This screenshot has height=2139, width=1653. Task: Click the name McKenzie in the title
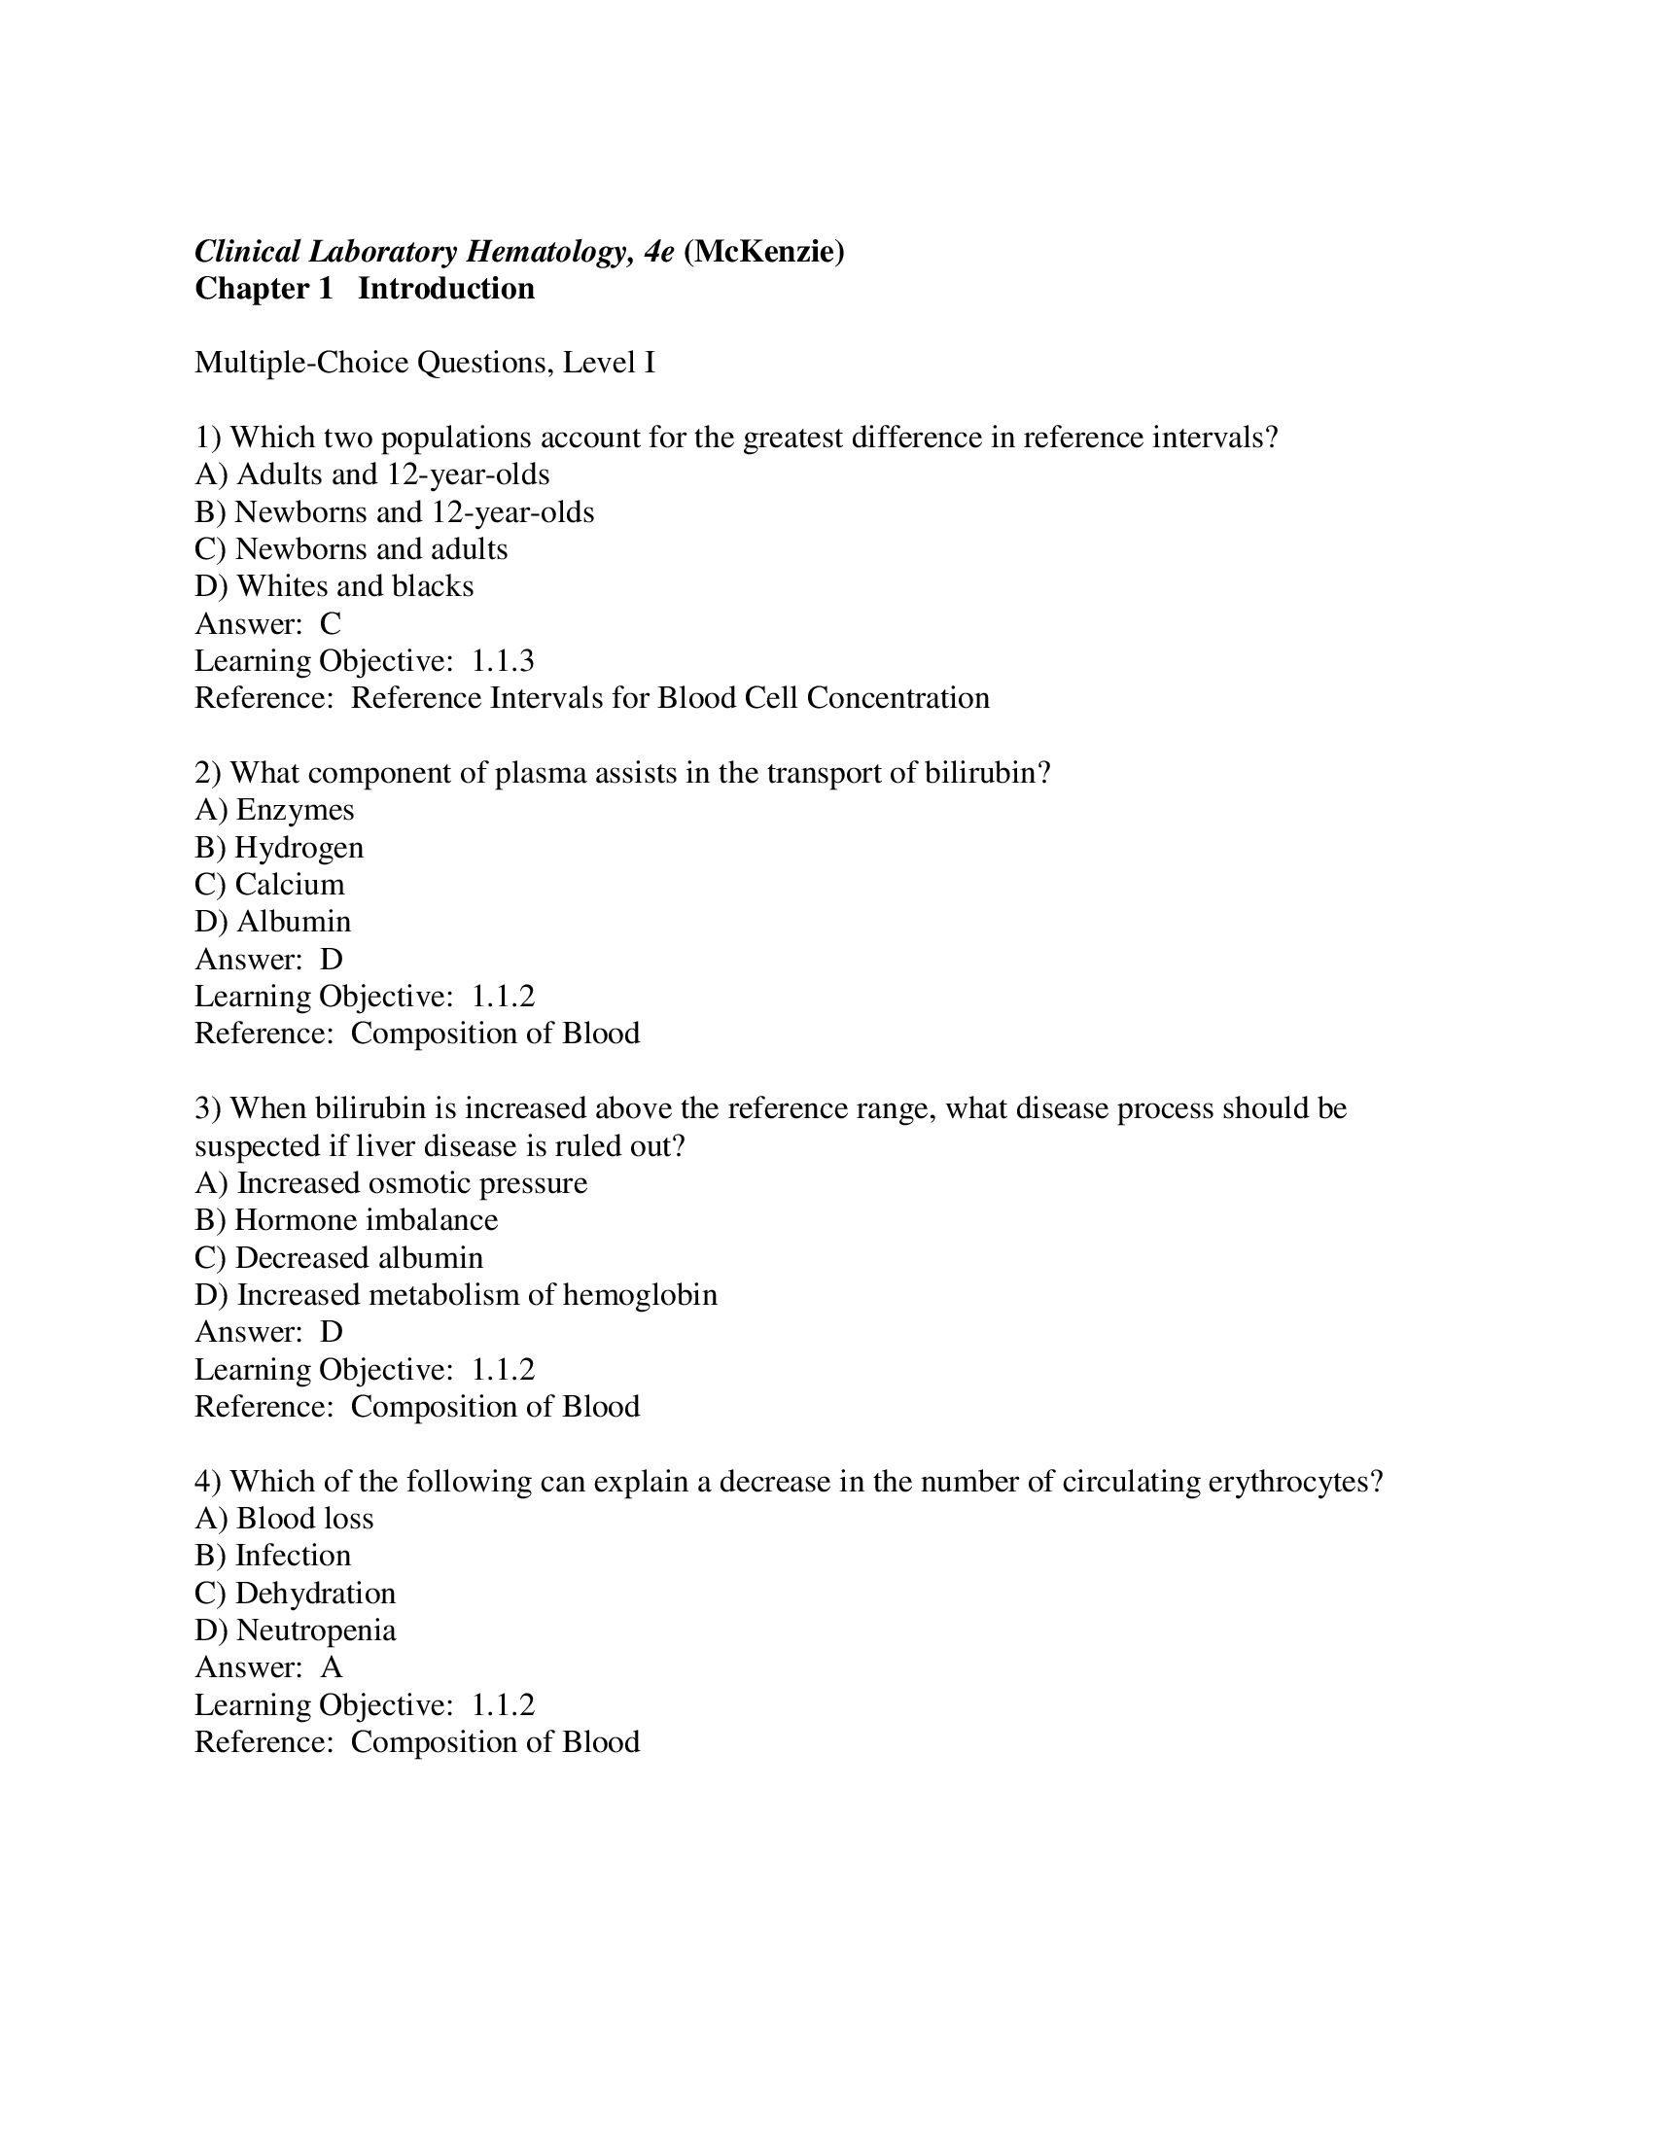(x=764, y=252)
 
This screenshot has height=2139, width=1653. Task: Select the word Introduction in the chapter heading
(x=445, y=289)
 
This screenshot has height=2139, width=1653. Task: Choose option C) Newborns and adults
(x=351, y=549)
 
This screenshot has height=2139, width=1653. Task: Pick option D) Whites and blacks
(x=334, y=586)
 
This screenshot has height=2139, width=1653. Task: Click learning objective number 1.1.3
(x=503, y=661)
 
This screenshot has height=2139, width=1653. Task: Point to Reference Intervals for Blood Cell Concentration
(x=670, y=698)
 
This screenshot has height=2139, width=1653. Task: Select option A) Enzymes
(x=274, y=810)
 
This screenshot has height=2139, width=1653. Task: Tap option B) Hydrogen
(x=279, y=847)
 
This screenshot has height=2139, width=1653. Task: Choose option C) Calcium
(x=269, y=885)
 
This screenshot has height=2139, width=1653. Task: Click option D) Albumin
(x=272, y=922)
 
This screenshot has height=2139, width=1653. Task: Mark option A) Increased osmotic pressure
(x=391, y=1183)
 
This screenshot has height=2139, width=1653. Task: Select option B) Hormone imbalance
(x=346, y=1220)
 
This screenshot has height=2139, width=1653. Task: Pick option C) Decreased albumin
(x=338, y=1257)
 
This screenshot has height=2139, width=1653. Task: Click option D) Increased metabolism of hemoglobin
(x=455, y=1295)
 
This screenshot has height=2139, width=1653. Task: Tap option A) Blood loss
(x=284, y=1519)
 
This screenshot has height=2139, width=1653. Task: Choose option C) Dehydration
(x=295, y=1594)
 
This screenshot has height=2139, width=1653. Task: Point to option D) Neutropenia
(x=295, y=1631)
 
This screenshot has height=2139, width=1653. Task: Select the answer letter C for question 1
(x=330, y=624)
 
